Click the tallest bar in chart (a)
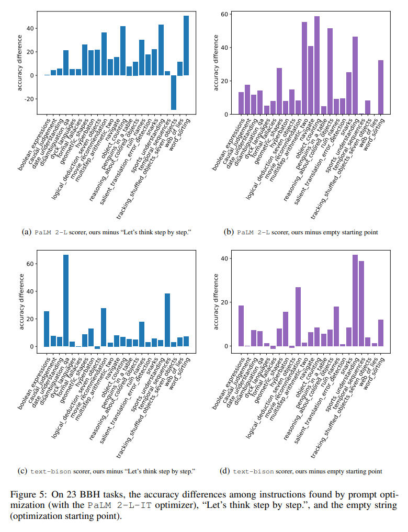(186, 46)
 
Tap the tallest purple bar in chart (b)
(317, 65)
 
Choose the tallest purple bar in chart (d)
(355, 300)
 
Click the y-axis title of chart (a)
(20, 62)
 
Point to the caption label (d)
(225, 471)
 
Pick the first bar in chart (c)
(47, 329)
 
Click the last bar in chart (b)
(381, 87)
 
